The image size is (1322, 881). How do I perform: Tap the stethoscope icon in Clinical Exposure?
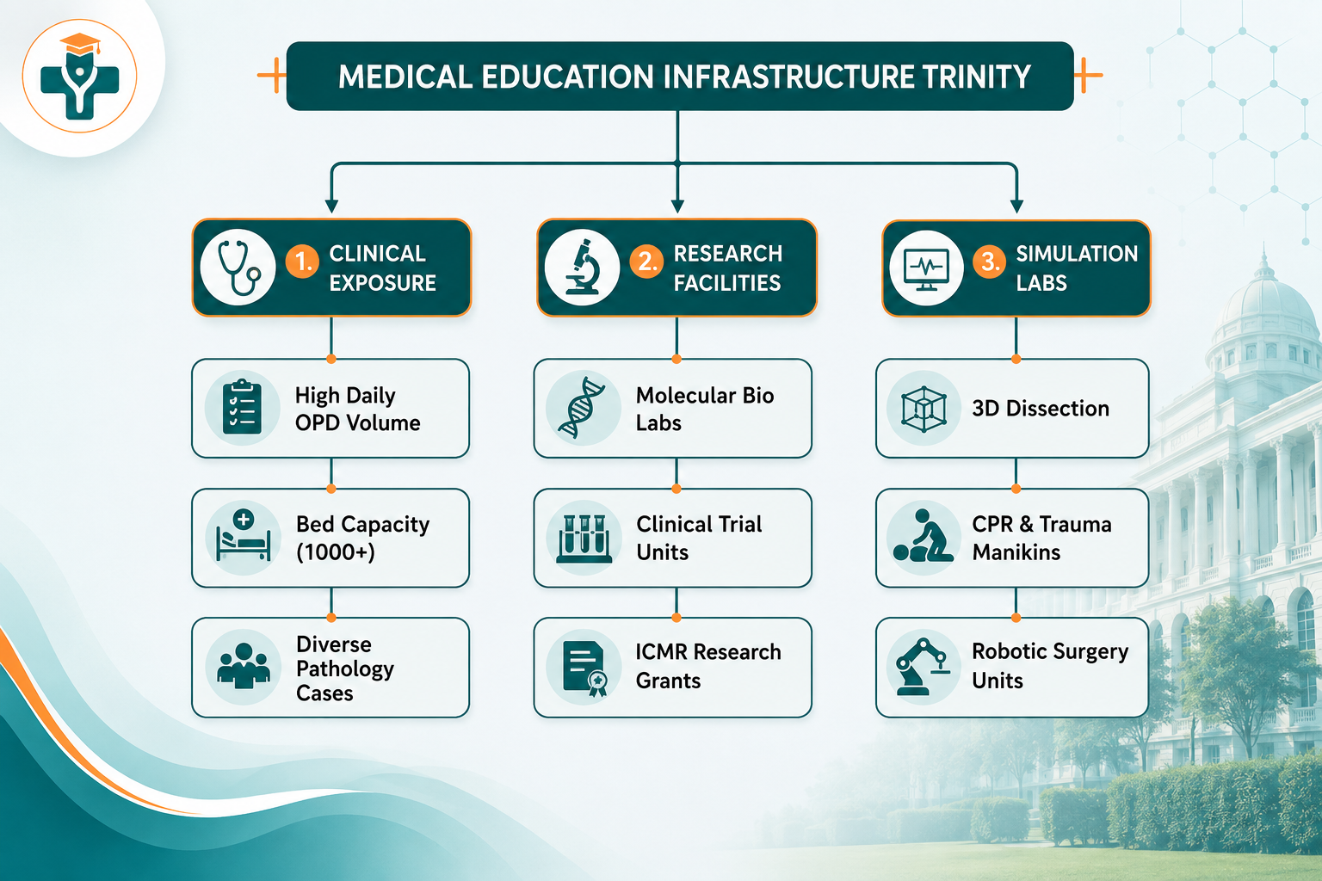coord(238,268)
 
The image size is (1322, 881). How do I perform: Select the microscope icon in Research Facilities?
coord(583,267)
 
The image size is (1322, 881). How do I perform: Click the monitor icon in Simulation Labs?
coord(927,268)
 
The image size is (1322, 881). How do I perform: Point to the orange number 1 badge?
coord(303,261)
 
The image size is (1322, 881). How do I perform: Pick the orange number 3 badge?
coord(989,261)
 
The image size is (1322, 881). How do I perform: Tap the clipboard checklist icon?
coord(242,407)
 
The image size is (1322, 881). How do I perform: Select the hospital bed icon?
coord(244,536)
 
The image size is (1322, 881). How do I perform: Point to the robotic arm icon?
coord(922,667)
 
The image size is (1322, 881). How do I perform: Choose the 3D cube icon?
coord(924,409)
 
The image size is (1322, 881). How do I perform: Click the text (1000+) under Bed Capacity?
coord(335,552)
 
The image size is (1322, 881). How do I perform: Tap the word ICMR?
coord(661,652)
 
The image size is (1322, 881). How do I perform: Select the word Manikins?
coord(1016,552)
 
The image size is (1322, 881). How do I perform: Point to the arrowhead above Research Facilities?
coord(677,206)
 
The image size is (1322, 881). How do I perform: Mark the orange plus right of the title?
coord(1087,75)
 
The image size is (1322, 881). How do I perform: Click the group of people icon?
coord(244,666)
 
